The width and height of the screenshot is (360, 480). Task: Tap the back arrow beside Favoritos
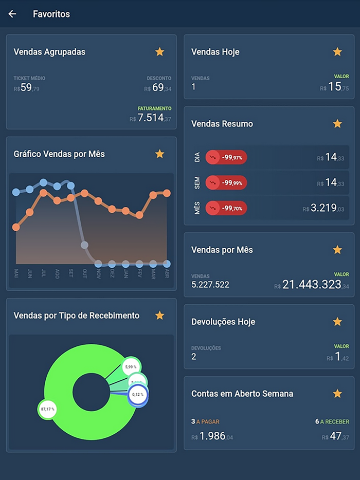[x=12, y=14]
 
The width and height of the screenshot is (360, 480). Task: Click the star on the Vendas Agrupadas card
[x=159, y=51]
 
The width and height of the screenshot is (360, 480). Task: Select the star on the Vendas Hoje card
[x=337, y=51]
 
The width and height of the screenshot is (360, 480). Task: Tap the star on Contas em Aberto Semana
[x=337, y=393]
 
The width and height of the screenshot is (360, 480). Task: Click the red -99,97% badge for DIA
[x=226, y=157]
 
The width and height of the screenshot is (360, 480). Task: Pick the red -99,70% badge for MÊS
[x=226, y=208]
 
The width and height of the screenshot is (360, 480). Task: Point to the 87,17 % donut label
[x=47, y=410]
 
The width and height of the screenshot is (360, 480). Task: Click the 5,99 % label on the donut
[x=132, y=366]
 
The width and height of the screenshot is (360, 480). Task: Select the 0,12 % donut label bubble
[x=138, y=394]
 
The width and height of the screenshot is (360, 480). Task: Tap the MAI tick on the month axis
[x=16, y=273]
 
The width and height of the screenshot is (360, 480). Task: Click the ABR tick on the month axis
[x=167, y=273]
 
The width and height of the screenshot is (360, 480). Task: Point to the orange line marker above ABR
[x=167, y=193]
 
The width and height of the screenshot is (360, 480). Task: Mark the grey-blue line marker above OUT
[x=84, y=245]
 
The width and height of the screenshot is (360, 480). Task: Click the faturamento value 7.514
[x=151, y=118]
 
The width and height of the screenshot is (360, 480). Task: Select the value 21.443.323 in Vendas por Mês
[x=312, y=284]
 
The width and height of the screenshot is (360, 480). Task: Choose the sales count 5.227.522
[x=210, y=284]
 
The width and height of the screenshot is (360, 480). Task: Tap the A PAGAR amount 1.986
[x=212, y=436]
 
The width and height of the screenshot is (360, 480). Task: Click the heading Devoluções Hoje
[x=223, y=322]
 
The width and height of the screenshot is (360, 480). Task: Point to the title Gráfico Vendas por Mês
[x=59, y=154]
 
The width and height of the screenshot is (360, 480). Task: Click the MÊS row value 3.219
[x=323, y=208]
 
